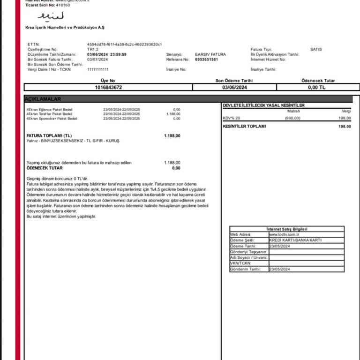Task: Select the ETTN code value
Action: (x=124, y=45)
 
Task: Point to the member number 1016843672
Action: (x=108, y=87)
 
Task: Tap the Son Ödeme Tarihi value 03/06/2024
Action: (x=234, y=87)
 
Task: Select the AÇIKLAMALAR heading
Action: (x=42, y=99)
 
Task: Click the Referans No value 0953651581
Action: (x=206, y=60)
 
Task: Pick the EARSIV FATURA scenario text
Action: (x=210, y=54)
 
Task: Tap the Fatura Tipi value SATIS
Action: (x=316, y=49)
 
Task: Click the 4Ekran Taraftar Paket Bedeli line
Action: (x=49, y=114)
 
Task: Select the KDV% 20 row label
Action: (x=232, y=118)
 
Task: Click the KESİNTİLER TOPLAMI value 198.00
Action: (x=345, y=126)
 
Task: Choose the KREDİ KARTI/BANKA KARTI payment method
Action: (x=295, y=240)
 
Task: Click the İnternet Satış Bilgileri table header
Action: (x=287, y=229)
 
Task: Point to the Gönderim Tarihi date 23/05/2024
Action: (x=280, y=269)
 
